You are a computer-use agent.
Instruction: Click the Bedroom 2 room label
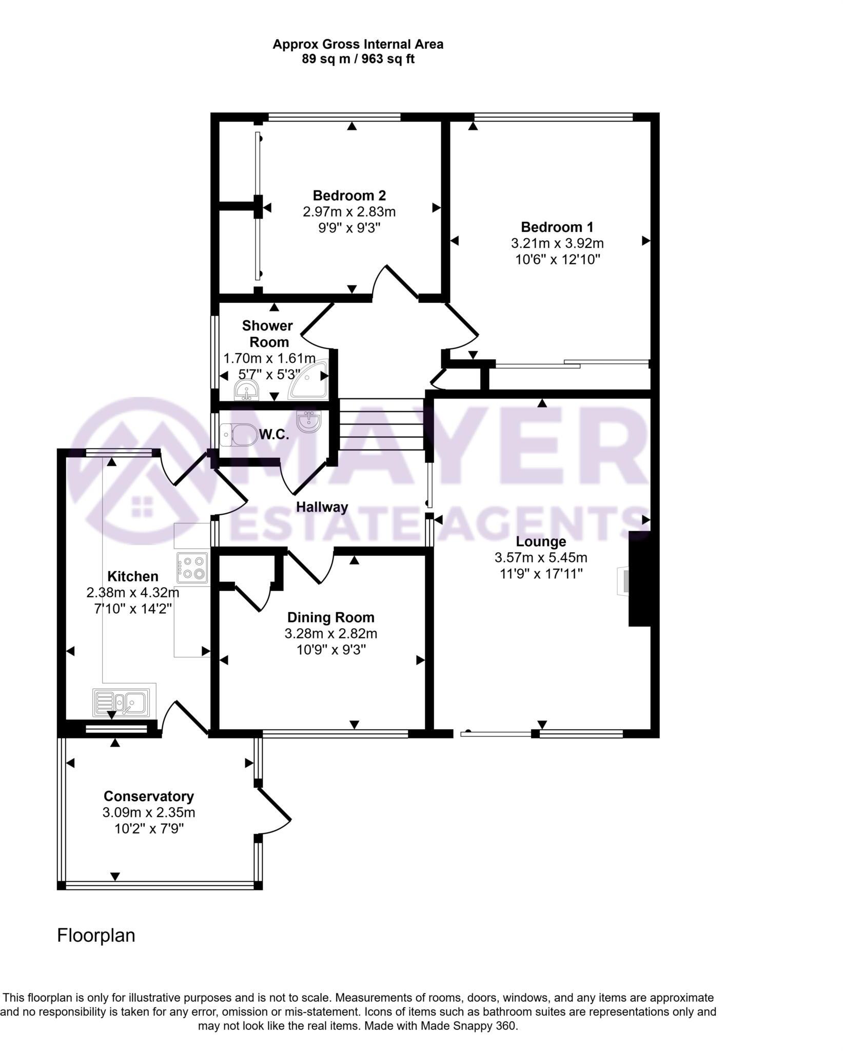(349, 196)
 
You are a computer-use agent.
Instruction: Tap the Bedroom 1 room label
(557, 227)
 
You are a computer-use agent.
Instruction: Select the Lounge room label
(541, 541)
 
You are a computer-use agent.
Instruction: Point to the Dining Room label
(330, 617)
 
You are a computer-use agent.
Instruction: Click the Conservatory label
(148, 796)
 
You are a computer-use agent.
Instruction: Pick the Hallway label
(322, 507)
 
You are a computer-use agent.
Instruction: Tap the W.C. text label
(273, 435)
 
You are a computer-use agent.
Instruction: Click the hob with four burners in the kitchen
(192, 568)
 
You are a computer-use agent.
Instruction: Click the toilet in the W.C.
(239, 435)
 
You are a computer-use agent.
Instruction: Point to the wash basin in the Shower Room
(248, 390)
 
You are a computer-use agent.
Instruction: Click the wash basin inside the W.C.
(310, 421)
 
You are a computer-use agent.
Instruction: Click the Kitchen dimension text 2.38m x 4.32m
(133, 593)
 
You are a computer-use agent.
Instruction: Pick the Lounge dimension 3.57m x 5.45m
(541, 557)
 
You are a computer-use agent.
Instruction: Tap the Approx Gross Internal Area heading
(358, 44)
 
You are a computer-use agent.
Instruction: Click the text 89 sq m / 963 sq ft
(358, 59)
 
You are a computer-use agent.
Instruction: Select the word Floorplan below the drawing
(96, 935)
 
